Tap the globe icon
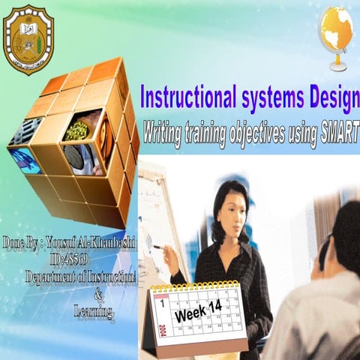pos(336,31)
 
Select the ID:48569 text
pos(66,259)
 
